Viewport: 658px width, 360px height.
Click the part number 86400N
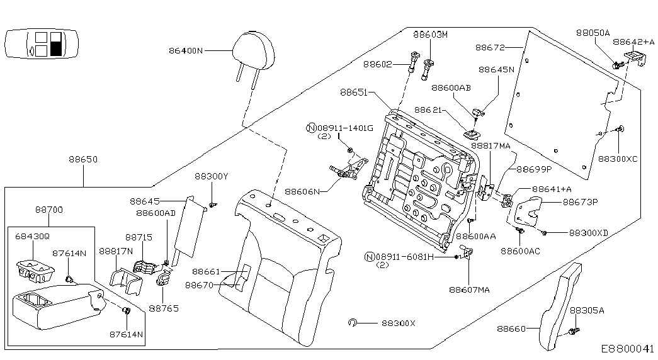tap(186, 50)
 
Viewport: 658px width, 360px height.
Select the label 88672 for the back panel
tap(491, 47)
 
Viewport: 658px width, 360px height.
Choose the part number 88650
tap(83, 160)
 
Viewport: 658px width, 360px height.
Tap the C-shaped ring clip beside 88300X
tap(353, 323)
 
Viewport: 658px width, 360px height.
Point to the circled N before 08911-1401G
tap(310, 128)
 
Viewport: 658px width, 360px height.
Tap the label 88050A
tap(593, 33)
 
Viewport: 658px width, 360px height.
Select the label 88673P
tap(580, 202)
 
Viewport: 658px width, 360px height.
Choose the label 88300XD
tap(589, 232)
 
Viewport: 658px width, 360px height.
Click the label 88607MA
tap(469, 290)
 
